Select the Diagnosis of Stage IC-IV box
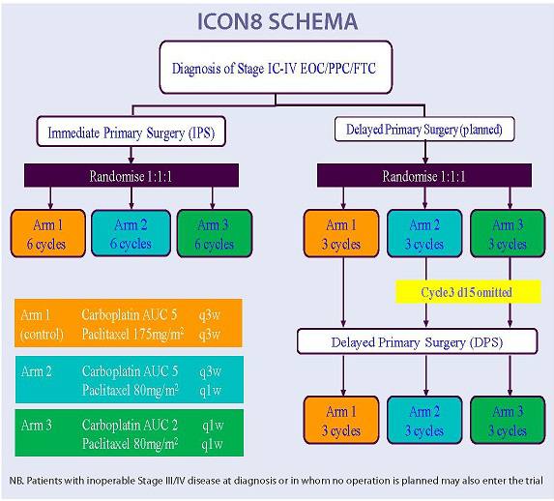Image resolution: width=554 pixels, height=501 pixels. [277, 68]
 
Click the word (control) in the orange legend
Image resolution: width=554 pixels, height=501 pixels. [44, 334]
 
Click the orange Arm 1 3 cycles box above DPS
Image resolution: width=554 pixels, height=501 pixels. [340, 234]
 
